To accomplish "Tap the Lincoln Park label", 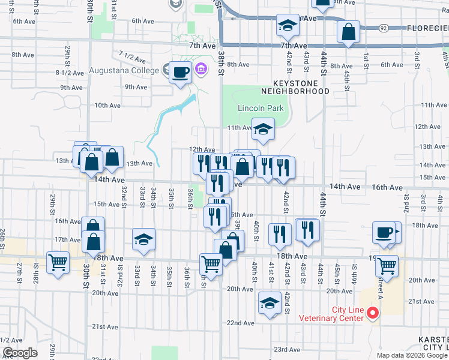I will click(x=261, y=109).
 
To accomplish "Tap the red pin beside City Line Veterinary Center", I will click(x=373, y=313).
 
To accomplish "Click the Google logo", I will click(x=20, y=353).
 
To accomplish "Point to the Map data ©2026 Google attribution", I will click(x=412, y=355).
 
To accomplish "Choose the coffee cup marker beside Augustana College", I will click(x=180, y=73).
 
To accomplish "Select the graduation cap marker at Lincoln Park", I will click(x=262, y=128).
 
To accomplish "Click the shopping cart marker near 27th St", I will click(x=58, y=262).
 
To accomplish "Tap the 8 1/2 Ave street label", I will click(x=67, y=73).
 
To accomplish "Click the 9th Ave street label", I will click(x=136, y=87).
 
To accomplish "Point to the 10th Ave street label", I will click(x=107, y=105).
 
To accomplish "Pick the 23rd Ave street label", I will click(x=287, y=349).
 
